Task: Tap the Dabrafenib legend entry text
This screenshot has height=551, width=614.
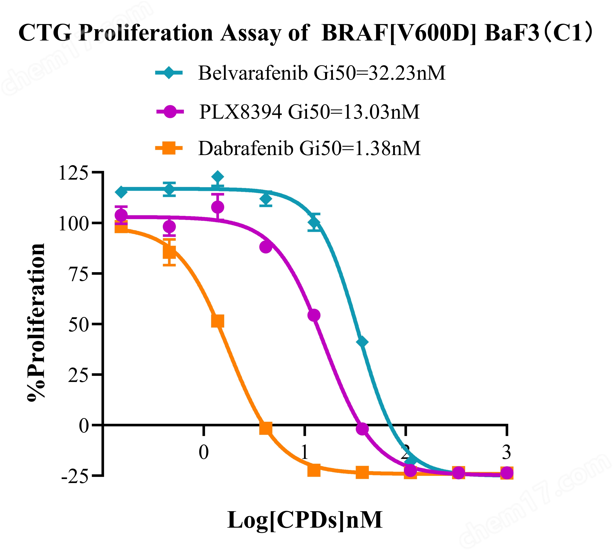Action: click(309, 148)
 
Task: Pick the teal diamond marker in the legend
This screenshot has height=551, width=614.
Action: click(169, 73)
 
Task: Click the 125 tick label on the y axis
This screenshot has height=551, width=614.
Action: click(73, 173)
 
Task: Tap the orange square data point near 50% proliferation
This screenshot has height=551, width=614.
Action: click(217, 321)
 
